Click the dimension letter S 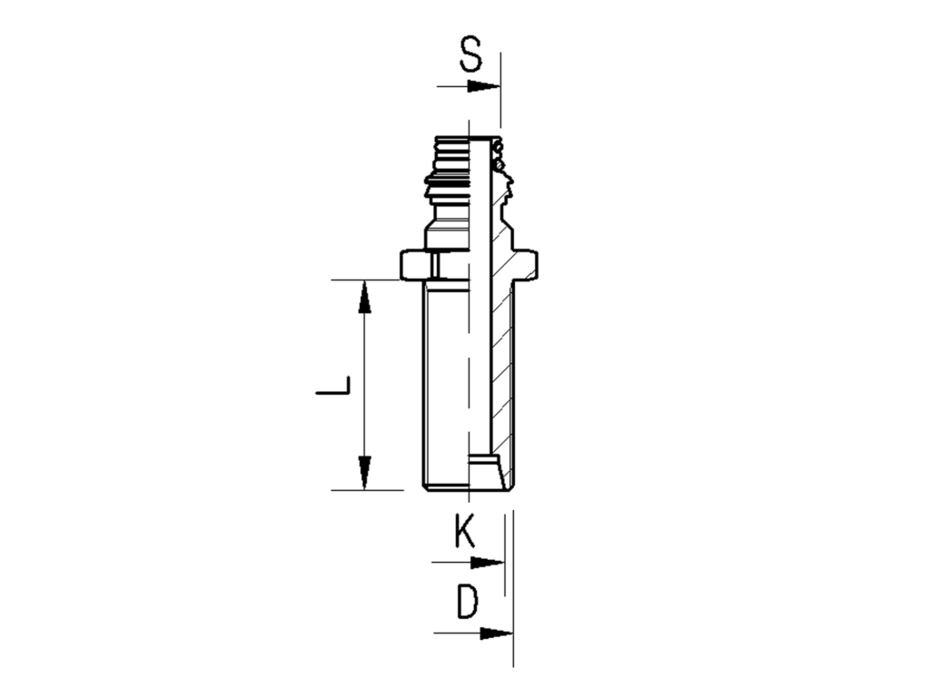point(470,55)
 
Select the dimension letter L point(333,387)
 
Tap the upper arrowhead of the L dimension point(365,296)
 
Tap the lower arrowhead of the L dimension point(365,474)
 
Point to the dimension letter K point(464,531)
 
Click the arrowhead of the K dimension point(490,563)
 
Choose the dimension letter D point(467,602)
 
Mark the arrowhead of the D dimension point(497,633)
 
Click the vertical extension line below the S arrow point(500,109)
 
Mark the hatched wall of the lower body point(504,381)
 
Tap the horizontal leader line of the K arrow point(454,563)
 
